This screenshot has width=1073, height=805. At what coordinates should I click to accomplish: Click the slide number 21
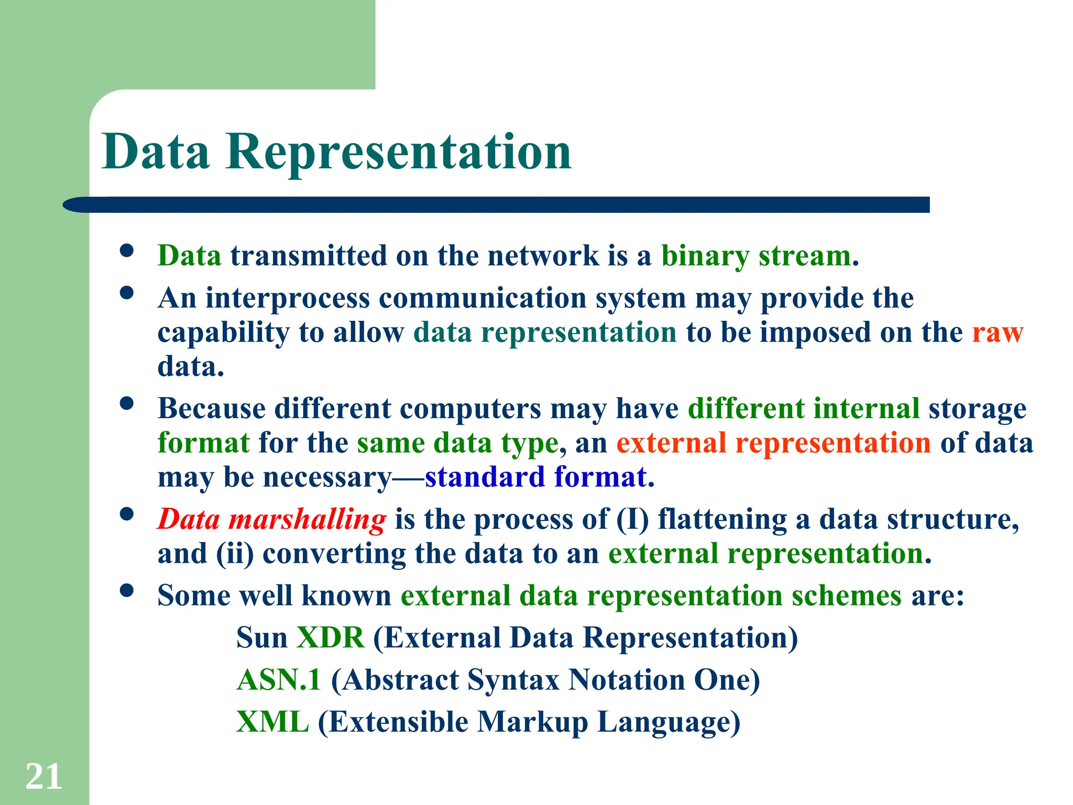(43, 777)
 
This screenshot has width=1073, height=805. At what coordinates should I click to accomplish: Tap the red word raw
(997, 333)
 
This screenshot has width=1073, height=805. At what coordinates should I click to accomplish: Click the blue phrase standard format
(535, 477)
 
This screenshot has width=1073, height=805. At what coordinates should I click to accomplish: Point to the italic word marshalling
(308, 519)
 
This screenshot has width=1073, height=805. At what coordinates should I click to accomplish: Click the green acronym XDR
(330, 638)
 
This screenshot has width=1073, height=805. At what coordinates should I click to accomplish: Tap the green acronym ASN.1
(279, 680)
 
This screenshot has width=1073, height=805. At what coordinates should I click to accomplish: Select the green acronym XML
(272, 722)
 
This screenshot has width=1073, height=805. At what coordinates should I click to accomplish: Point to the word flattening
(722, 519)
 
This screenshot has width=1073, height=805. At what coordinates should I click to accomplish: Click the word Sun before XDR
(261, 638)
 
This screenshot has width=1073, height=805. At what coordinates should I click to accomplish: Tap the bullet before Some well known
(127, 591)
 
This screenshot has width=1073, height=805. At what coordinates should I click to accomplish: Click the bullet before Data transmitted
(127, 251)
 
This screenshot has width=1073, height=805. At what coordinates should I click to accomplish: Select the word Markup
(532, 722)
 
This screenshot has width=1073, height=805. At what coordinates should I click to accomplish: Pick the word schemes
(846, 596)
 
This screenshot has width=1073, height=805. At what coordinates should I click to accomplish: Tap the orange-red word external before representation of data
(671, 443)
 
